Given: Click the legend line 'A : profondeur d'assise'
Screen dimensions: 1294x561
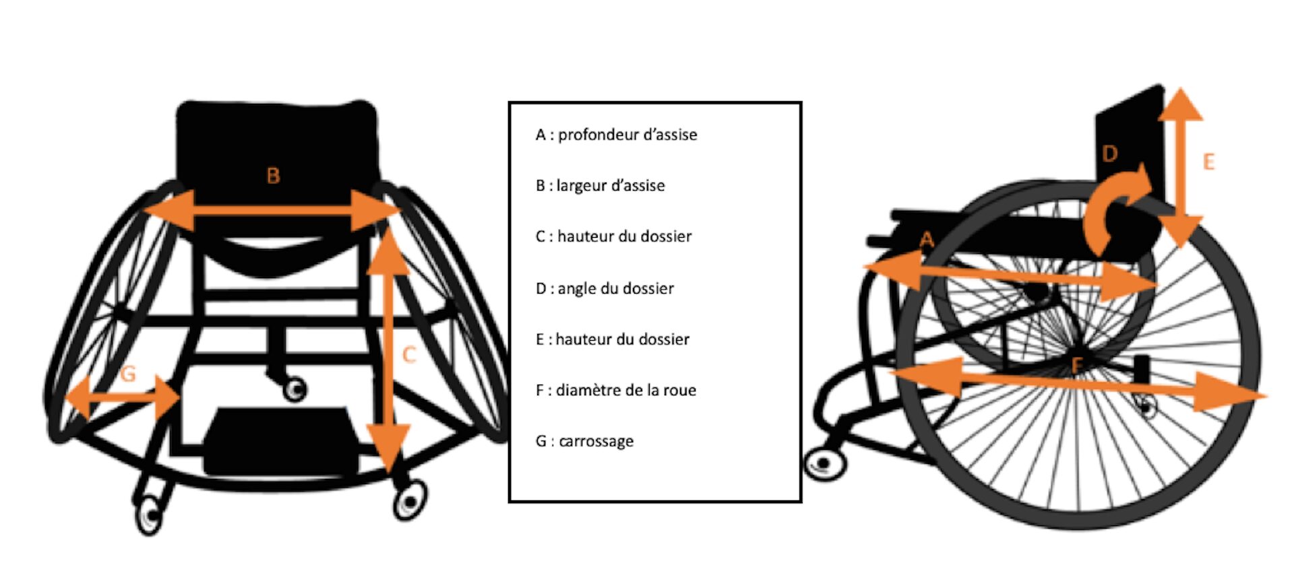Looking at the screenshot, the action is [616, 135].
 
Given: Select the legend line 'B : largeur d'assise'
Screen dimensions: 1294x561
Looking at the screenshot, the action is [600, 185].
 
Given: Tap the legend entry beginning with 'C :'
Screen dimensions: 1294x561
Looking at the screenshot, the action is [613, 236].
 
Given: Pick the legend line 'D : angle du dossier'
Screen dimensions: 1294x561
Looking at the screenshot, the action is [605, 288].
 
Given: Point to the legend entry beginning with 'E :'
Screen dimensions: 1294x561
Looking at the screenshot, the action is [613, 339].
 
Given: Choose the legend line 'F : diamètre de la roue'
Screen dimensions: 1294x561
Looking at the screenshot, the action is [615, 390].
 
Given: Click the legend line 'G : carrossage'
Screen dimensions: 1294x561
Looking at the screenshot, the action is [584, 441].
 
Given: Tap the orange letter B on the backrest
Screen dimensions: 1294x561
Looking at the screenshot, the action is [273, 176].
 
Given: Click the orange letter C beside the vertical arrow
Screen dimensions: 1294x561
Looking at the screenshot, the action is [408, 355].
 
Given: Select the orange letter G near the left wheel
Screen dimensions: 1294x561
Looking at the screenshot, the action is [128, 373].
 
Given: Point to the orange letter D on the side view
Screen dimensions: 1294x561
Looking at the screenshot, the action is [1109, 154].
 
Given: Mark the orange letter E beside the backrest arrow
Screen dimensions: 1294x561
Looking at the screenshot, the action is [1208, 162].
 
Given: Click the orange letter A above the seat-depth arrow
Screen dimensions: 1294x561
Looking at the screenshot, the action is [927, 239].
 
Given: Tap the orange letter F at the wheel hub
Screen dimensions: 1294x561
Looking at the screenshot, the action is [1077, 366].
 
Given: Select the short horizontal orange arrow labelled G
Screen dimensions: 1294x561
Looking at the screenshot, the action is [123, 398].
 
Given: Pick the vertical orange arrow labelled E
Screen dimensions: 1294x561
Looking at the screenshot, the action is [1181, 167].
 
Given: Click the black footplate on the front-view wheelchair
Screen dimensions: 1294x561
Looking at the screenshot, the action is [281, 441].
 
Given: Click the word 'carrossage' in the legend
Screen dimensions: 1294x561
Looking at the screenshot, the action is [596, 442].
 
